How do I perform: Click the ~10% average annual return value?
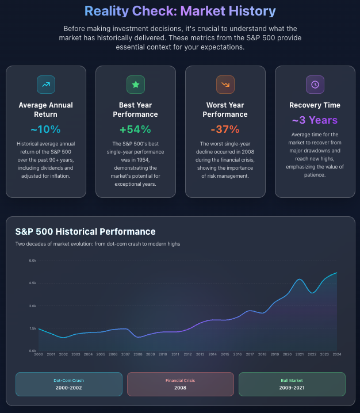click(45, 129)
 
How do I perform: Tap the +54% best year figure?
click(135, 129)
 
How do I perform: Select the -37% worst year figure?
click(225, 129)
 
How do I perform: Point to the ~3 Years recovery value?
click(315, 120)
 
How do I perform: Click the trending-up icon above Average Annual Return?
click(45, 85)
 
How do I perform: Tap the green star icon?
click(135, 85)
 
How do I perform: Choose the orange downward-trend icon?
click(225, 85)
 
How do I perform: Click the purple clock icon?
click(315, 85)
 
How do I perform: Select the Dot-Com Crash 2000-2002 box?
click(69, 384)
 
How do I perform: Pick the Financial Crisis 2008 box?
click(180, 384)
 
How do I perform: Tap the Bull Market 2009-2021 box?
click(292, 384)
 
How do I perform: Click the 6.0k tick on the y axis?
click(33, 261)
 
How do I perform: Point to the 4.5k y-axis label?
click(33, 283)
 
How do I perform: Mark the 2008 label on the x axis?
click(138, 354)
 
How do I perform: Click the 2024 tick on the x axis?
click(336, 354)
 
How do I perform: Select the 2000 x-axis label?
click(39, 354)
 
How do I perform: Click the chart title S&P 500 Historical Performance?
click(85, 231)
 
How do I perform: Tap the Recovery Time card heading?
click(315, 105)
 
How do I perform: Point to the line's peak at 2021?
click(300, 280)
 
